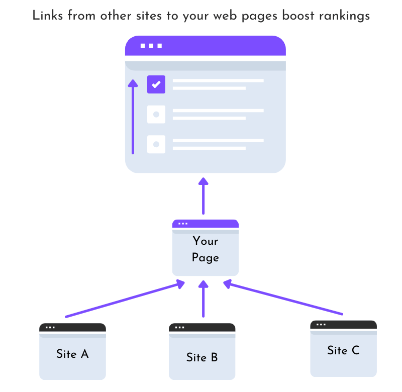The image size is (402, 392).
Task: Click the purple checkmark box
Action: (156, 84)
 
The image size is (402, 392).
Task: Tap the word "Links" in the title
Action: (46, 16)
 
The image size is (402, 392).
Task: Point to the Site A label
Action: (72, 354)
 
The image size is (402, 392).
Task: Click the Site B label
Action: (202, 357)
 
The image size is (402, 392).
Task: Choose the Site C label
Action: (343, 350)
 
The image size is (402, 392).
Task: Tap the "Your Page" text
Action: (205, 249)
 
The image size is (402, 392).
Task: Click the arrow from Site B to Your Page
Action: (203, 299)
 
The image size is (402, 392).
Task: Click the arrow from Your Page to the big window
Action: (203, 196)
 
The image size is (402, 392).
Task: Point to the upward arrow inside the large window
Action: (133, 116)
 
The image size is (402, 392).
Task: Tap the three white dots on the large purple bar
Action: (151, 46)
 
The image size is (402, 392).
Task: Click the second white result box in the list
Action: (156, 115)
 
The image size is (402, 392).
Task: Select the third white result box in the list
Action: (156, 144)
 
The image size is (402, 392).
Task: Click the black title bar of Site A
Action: (72, 327)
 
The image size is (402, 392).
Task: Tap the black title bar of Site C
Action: (343, 325)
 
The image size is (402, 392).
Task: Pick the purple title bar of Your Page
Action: (205, 224)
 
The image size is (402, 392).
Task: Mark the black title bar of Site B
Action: (202, 327)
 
